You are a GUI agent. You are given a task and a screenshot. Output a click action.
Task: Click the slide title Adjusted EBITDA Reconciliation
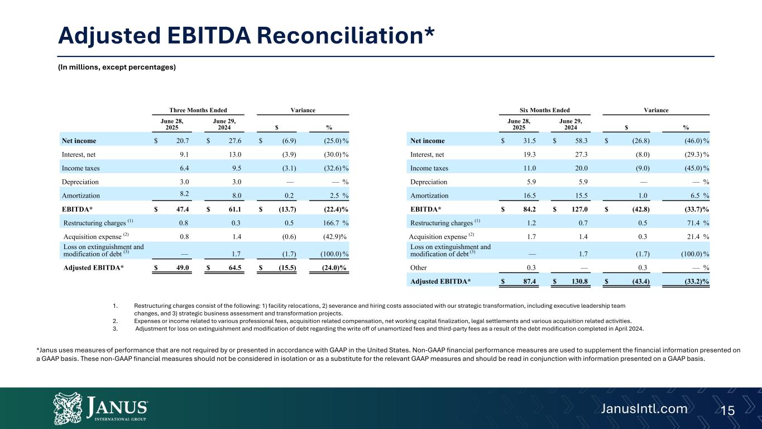pos(247,35)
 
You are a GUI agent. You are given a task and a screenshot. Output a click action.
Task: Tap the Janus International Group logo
pos(100,408)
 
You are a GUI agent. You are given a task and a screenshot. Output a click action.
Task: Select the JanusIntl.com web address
pos(644,409)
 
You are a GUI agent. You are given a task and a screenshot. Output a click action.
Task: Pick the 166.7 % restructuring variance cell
pos(336,224)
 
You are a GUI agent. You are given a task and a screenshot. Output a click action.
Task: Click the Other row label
pos(419,268)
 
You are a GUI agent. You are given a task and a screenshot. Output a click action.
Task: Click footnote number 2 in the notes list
pos(114,321)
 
